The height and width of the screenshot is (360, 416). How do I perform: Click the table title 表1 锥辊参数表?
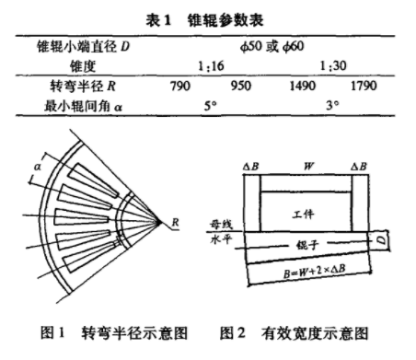[204, 20]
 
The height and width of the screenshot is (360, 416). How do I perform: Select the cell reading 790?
[180, 86]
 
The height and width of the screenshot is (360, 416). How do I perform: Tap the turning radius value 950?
[241, 86]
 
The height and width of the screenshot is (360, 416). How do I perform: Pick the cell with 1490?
[303, 86]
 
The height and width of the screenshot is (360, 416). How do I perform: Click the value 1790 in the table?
[364, 86]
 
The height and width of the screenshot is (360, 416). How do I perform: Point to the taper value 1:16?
[211, 66]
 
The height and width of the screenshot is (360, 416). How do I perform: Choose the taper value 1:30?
[333, 66]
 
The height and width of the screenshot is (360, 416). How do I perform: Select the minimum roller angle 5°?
[211, 106]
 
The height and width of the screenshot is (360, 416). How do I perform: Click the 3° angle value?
[332, 106]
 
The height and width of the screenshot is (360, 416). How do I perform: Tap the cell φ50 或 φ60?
[272, 47]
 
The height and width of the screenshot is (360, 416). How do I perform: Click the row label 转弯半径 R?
[83, 86]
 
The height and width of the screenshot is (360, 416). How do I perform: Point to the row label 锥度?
[83, 66]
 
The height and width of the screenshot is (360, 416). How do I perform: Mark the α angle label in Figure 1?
[38, 167]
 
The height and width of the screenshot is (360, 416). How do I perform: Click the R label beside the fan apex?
[175, 222]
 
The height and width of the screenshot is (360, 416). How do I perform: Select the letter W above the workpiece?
[308, 166]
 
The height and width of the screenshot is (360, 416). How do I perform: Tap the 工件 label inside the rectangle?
[303, 214]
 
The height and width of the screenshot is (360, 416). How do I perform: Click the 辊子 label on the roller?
[307, 245]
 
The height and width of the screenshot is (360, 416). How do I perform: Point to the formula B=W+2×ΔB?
[315, 272]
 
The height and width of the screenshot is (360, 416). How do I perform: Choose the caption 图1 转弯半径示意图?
[114, 333]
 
